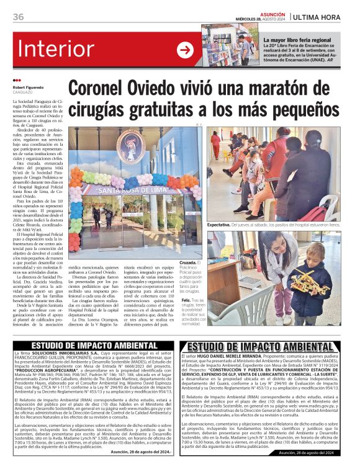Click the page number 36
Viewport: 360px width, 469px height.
18,16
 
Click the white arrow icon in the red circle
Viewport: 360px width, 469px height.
185,50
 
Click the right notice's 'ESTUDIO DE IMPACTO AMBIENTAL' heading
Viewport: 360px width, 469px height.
266,346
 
